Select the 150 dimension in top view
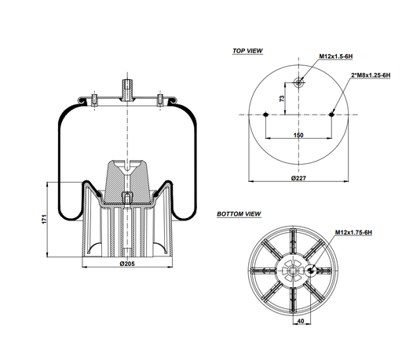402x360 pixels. pos(299,136)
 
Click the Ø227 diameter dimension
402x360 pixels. pos(298,180)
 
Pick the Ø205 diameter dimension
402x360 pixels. pos(126,263)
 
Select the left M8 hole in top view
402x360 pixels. pos(267,115)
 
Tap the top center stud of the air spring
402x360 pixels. pos(126,84)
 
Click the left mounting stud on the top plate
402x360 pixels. pos(93,99)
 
